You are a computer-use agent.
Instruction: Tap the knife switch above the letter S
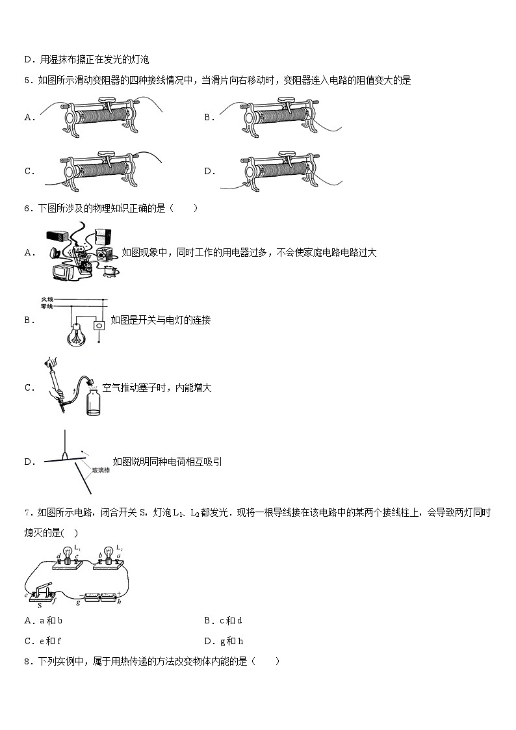click(x=40, y=593)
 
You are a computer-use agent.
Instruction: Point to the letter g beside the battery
click(x=77, y=603)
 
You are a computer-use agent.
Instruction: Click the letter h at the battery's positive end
click(x=119, y=603)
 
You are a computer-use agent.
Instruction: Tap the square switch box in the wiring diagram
click(x=99, y=325)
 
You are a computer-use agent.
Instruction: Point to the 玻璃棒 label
click(x=100, y=469)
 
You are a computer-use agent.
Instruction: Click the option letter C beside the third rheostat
click(x=29, y=172)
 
